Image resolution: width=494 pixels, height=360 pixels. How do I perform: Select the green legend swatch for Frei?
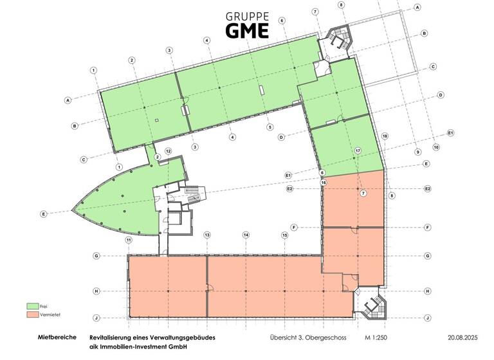[x=32, y=306]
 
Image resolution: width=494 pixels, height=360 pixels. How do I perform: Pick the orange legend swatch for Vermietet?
[x=32, y=314]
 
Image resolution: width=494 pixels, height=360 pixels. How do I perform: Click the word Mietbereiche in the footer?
[x=58, y=337]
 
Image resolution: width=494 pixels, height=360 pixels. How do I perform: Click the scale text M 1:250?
[x=377, y=337]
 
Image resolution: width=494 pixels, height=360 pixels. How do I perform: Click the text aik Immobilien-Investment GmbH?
[x=133, y=347]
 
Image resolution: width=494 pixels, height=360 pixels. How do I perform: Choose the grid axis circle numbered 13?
[x=207, y=235]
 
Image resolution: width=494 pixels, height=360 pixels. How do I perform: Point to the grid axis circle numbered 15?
[x=284, y=235]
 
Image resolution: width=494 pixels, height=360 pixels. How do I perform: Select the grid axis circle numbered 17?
[x=358, y=150]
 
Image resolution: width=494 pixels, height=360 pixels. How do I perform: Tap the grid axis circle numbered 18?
[x=385, y=137]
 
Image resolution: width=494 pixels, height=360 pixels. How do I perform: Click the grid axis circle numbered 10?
[x=436, y=147]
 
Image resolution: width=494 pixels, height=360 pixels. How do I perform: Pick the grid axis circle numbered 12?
[x=168, y=150]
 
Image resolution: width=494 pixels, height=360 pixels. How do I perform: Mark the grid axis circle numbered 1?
[x=94, y=70]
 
